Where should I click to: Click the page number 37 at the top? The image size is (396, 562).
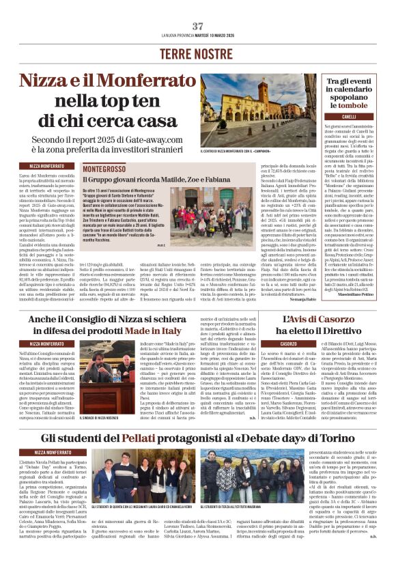tap(198, 26)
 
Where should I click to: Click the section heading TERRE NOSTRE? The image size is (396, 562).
tap(198, 53)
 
